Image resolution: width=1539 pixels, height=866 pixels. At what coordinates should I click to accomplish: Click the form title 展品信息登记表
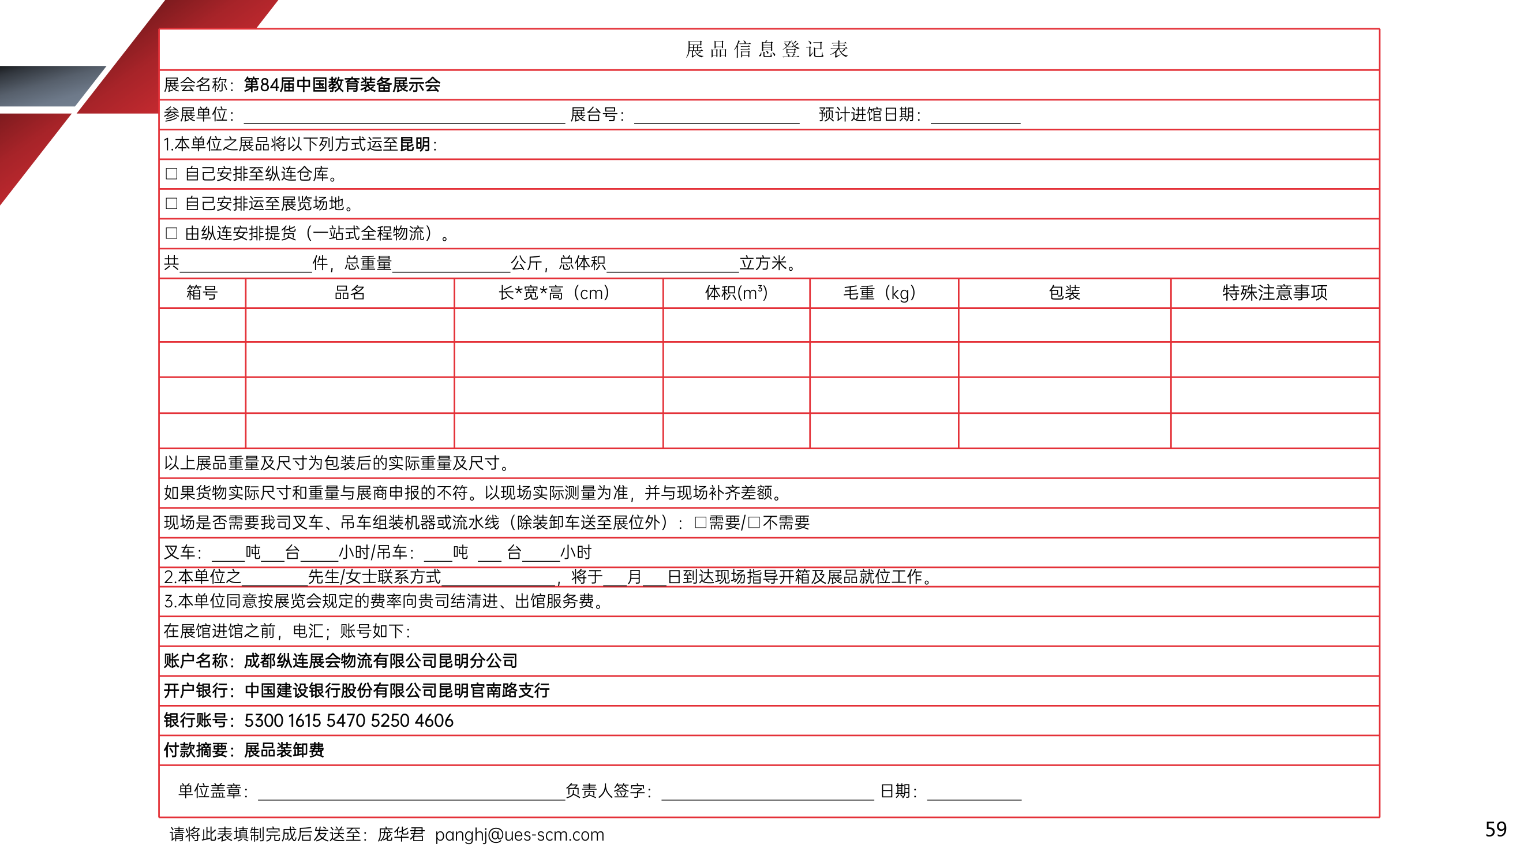coord(767,50)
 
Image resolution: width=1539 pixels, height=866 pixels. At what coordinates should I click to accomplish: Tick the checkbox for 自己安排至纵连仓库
coord(171,174)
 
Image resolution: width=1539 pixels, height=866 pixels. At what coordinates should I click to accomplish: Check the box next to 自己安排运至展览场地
coord(171,204)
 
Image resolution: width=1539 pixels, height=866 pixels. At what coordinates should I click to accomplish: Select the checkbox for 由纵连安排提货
coord(171,233)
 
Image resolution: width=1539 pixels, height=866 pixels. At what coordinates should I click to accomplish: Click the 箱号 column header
coord(202,293)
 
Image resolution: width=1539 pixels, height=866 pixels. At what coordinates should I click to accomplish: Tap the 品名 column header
coord(350,293)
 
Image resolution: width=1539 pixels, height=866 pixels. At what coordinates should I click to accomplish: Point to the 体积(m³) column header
coord(736,293)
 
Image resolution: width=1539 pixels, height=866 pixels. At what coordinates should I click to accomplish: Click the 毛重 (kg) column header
coord(879,293)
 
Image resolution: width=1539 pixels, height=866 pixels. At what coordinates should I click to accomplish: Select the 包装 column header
coord(1064,293)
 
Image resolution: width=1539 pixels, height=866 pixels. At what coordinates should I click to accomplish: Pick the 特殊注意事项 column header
coord(1275,293)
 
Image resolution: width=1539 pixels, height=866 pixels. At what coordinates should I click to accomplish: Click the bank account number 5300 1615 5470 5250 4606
coord(349,721)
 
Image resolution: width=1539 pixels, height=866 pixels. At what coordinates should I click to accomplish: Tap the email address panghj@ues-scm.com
coord(519,835)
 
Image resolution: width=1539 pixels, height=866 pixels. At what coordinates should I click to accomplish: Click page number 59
coord(1495,830)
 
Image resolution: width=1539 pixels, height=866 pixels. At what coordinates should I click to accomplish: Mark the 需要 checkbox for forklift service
coord(700,523)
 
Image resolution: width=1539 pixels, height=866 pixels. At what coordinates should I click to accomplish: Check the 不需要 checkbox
coord(754,523)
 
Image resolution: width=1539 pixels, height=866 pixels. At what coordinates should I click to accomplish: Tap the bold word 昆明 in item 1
coord(415,145)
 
